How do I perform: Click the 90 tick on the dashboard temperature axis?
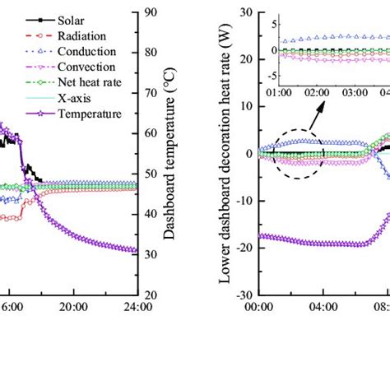(151, 12)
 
